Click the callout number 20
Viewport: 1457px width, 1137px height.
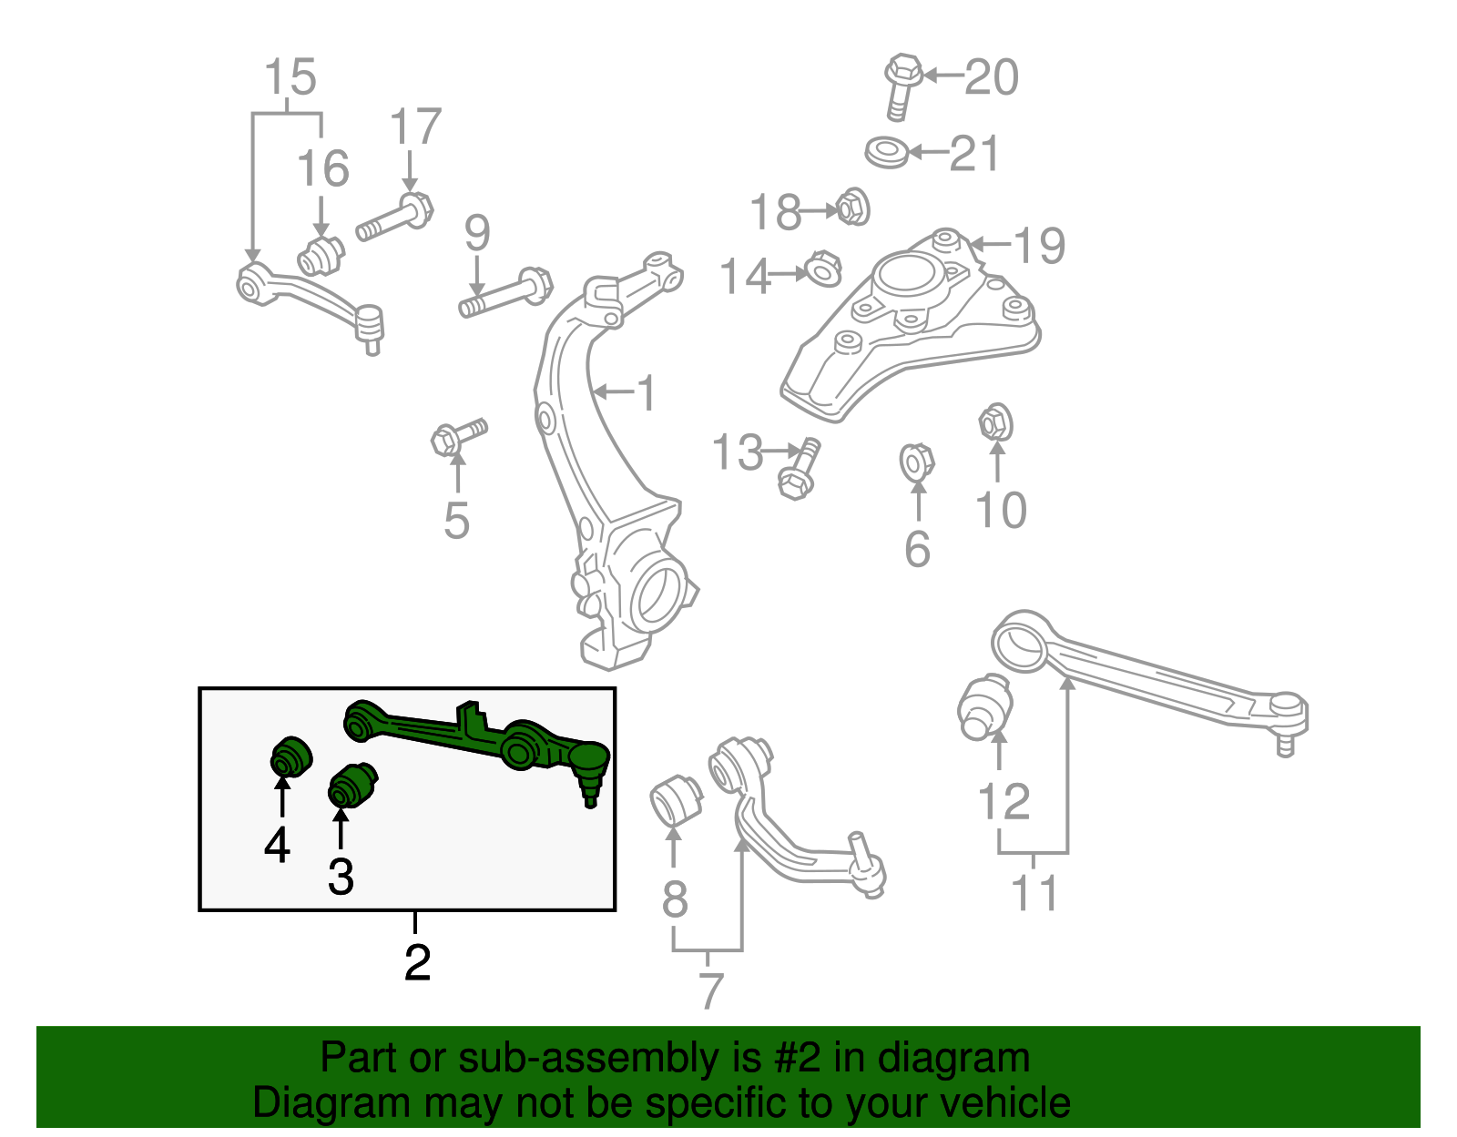pyautogui.click(x=991, y=77)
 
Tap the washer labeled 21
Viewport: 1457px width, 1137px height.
pyautogui.click(x=886, y=152)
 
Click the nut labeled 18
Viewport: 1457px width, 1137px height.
pyautogui.click(x=852, y=208)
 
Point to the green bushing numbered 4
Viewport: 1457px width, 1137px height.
pyautogui.click(x=290, y=756)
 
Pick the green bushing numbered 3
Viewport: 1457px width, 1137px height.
pyautogui.click(x=352, y=785)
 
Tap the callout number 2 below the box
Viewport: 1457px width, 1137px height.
pyautogui.click(x=417, y=962)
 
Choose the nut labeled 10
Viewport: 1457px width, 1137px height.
pyautogui.click(x=996, y=423)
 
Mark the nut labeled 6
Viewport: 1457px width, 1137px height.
pyautogui.click(x=916, y=462)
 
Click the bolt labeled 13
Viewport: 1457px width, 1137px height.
pyautogui.click(x=800, y=469)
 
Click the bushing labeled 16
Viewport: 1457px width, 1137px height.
pyautogui.click(x=319, y=256)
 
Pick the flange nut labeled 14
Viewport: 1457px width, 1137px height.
pyautogui.click(x=821, y=269)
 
